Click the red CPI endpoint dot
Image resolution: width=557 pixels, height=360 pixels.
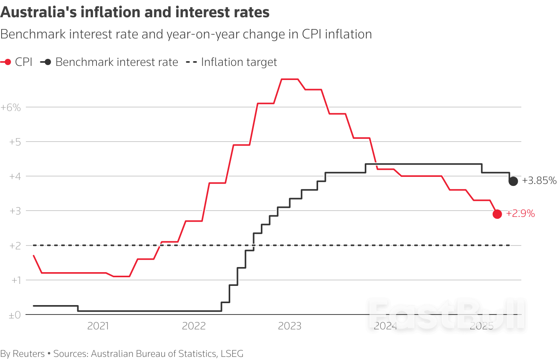497,214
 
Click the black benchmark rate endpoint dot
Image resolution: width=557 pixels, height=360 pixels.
513,181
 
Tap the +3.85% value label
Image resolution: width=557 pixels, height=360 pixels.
539,181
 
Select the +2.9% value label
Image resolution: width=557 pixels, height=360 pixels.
521,214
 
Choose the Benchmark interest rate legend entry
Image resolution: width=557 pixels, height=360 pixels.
109,62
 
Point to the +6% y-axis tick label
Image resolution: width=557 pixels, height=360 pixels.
11,107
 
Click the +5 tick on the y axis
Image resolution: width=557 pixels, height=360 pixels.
15,142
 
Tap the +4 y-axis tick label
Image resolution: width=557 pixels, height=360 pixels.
15,176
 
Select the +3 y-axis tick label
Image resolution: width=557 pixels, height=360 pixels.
15,211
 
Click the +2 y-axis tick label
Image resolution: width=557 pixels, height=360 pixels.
15,246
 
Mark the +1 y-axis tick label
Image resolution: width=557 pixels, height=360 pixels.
16,280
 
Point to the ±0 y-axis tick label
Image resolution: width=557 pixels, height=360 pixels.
15,315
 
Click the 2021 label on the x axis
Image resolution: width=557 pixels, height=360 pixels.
98,326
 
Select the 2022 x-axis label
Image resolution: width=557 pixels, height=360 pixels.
194,326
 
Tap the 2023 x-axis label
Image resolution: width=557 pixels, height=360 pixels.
289,326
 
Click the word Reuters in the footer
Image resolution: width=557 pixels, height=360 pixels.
29,354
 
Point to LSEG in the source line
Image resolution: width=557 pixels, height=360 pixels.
232,354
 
